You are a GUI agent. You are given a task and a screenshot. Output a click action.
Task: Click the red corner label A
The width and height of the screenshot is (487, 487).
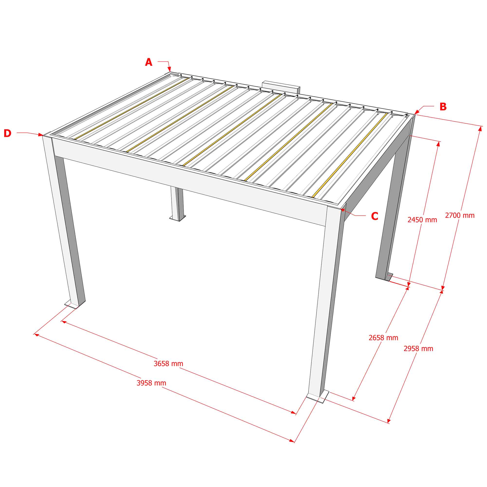point(149,62)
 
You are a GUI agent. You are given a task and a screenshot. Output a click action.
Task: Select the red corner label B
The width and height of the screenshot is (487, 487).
point(443,107)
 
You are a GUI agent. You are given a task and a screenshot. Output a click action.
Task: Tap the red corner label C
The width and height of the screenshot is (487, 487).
point(375,216)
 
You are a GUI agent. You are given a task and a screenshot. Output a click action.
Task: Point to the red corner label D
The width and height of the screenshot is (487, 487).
point(8,133)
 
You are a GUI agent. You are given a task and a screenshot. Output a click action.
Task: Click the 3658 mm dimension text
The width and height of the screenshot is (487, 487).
point(169,364)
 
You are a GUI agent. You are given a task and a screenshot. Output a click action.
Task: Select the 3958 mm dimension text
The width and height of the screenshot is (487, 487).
point(151,383)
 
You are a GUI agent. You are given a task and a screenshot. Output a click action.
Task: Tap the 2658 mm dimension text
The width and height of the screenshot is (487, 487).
point(384,338)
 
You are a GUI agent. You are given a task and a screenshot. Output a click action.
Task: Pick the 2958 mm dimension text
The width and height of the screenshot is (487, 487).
point(418,349)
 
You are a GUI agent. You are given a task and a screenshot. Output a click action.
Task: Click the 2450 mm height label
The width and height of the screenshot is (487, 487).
point(422,220)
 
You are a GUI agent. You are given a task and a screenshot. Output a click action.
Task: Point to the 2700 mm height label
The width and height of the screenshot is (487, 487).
point(460,215)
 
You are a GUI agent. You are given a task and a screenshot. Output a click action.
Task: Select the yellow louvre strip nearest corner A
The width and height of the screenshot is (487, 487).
point(131,108)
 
